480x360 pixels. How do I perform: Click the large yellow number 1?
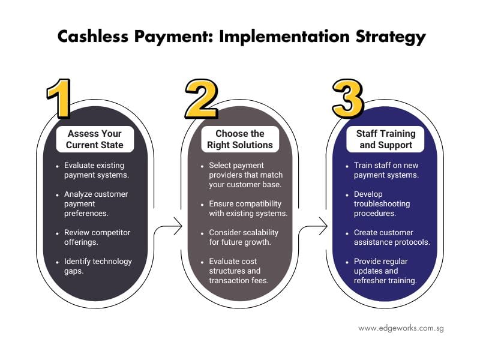click(60, 98)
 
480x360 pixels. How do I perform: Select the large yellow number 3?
click(347, 98)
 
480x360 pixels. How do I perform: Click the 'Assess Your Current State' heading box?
click(95, 139)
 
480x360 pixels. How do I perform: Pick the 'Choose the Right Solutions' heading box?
click(240, 139)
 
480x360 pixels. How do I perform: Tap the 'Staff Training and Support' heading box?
click(384, 139)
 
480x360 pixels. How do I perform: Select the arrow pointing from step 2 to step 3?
click(314, 227)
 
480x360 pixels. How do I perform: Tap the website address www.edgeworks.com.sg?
click(401, 328)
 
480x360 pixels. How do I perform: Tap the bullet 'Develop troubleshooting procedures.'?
click(386, 203)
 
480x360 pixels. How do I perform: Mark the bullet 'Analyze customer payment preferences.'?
click(96, 203)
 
